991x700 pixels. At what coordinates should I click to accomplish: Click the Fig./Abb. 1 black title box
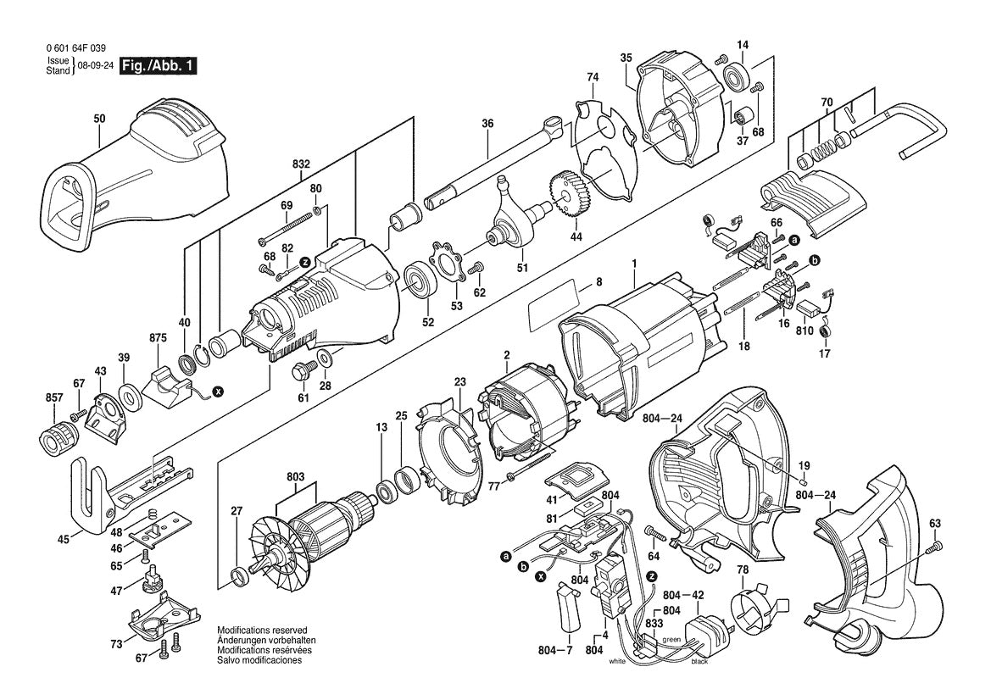[159, 66]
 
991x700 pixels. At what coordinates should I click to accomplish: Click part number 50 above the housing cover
[99, 119]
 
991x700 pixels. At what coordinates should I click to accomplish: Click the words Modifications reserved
[255, 631]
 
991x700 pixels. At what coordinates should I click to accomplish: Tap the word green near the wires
[671, 640]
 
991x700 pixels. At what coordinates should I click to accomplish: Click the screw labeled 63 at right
[935, 548]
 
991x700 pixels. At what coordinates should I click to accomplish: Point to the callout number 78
[742, 570]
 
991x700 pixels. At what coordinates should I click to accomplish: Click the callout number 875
[158, 337]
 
